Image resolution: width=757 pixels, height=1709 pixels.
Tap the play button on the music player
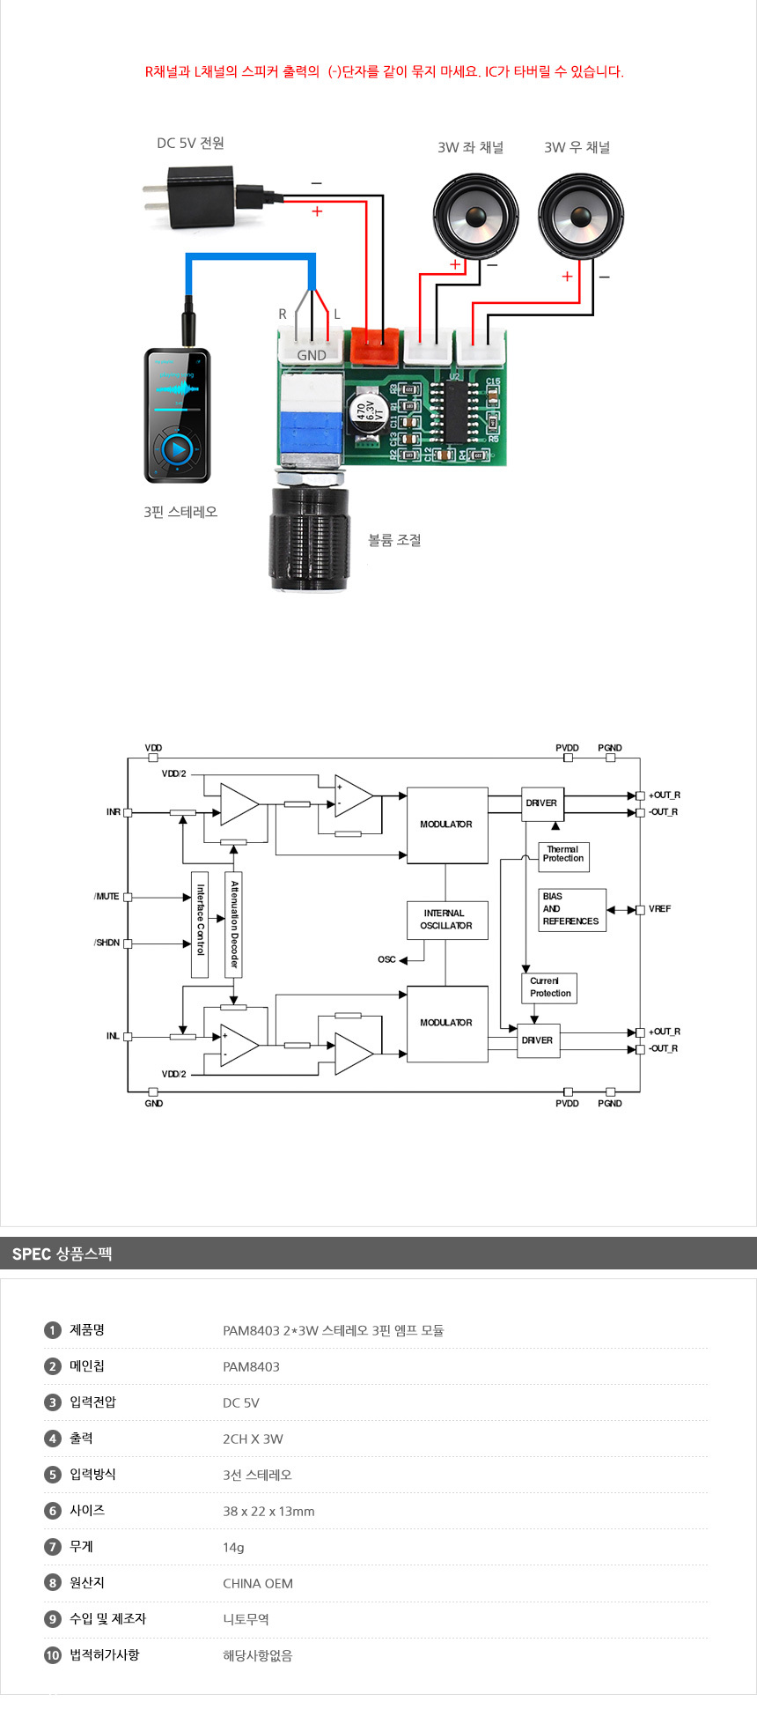(x=177, y=450)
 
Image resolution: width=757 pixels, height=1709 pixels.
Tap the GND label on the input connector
(x=312, y=356)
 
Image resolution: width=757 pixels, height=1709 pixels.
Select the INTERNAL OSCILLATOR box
(x=447, y=920)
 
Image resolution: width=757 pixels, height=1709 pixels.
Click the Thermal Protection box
(x=563, y=855)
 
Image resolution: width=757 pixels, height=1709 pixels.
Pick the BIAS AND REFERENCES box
(x=571, y=909)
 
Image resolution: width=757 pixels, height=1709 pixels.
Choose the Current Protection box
(x=551, y=988)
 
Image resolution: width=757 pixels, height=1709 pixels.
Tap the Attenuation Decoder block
(x=234, y=924)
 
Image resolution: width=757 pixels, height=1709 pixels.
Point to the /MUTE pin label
(x=107, y=897)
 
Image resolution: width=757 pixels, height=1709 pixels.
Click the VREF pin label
(x=659, y=909)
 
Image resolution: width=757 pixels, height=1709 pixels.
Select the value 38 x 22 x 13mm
(x=268, y=1512)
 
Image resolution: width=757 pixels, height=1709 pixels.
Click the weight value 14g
(x=233, y=1548)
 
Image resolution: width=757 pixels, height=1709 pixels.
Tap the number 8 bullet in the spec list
(x=53, y=1583)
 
